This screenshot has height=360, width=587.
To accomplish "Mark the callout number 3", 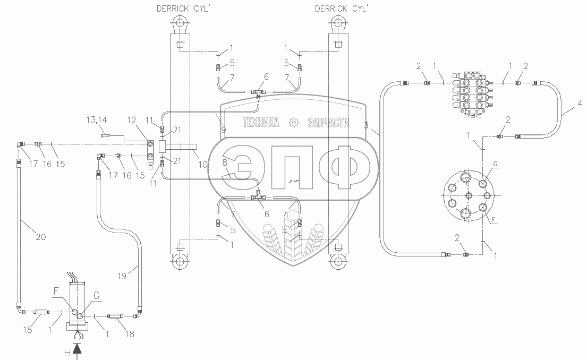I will point(366,125).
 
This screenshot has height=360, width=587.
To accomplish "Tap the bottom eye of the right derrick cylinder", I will point(337,261).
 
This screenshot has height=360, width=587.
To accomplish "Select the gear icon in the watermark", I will point(292,123).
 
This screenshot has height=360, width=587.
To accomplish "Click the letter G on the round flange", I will point(495,166).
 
